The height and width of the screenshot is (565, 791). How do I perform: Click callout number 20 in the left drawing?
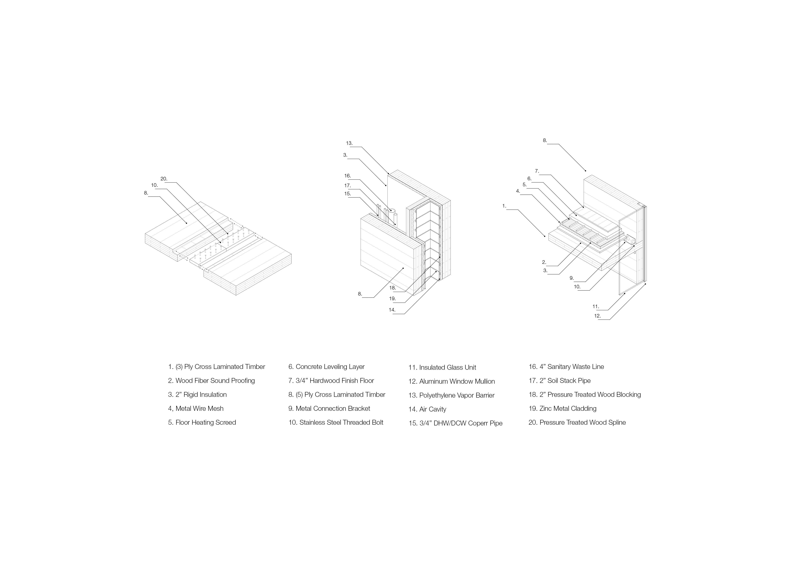(x=164, y=179)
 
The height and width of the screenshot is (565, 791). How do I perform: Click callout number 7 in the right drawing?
(x=537, y=171)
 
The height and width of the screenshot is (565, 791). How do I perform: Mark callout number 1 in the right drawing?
(x=504, y=206)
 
